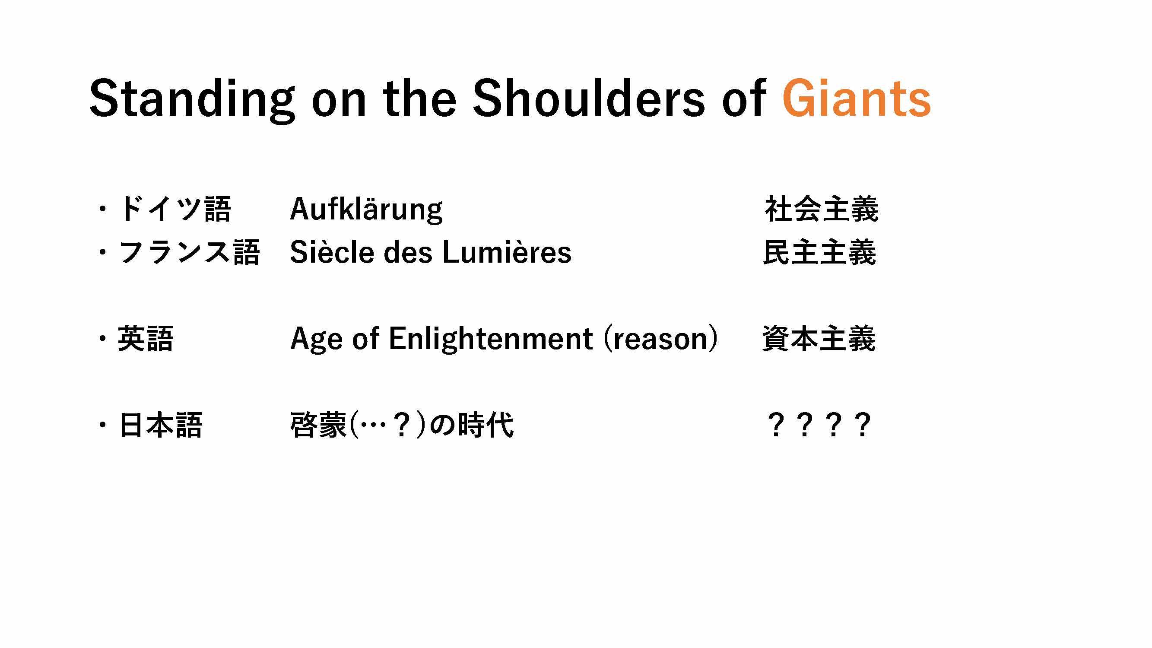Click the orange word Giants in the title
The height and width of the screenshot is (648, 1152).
click(857, 98)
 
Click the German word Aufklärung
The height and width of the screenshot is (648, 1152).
click(366, 209)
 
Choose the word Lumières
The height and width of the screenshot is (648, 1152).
click(507, 252)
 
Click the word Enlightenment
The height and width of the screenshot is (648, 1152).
click(491, 339)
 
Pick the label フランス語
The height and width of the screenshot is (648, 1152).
click(188, 252)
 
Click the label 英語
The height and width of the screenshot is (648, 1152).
click(145, 339)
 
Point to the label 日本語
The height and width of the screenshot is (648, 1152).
click(160, 424)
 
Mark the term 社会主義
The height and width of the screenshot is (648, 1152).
click(822, 209)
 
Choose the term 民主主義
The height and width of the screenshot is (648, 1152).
click(819, 252)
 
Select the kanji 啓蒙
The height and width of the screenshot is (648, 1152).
click(318, 424)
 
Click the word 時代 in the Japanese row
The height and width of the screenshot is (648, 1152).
click(486, 424)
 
